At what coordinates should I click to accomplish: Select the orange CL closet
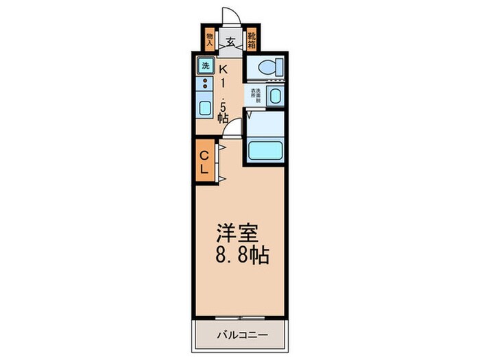point(204,160)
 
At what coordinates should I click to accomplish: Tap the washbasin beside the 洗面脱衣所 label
point(276,96)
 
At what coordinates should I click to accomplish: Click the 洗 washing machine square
point(205,67)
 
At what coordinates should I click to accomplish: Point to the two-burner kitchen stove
point(204,84)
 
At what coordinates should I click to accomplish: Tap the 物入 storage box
point(211,38)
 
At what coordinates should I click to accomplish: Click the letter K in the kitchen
point(223,67)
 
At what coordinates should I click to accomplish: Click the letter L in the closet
point(204,169)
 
